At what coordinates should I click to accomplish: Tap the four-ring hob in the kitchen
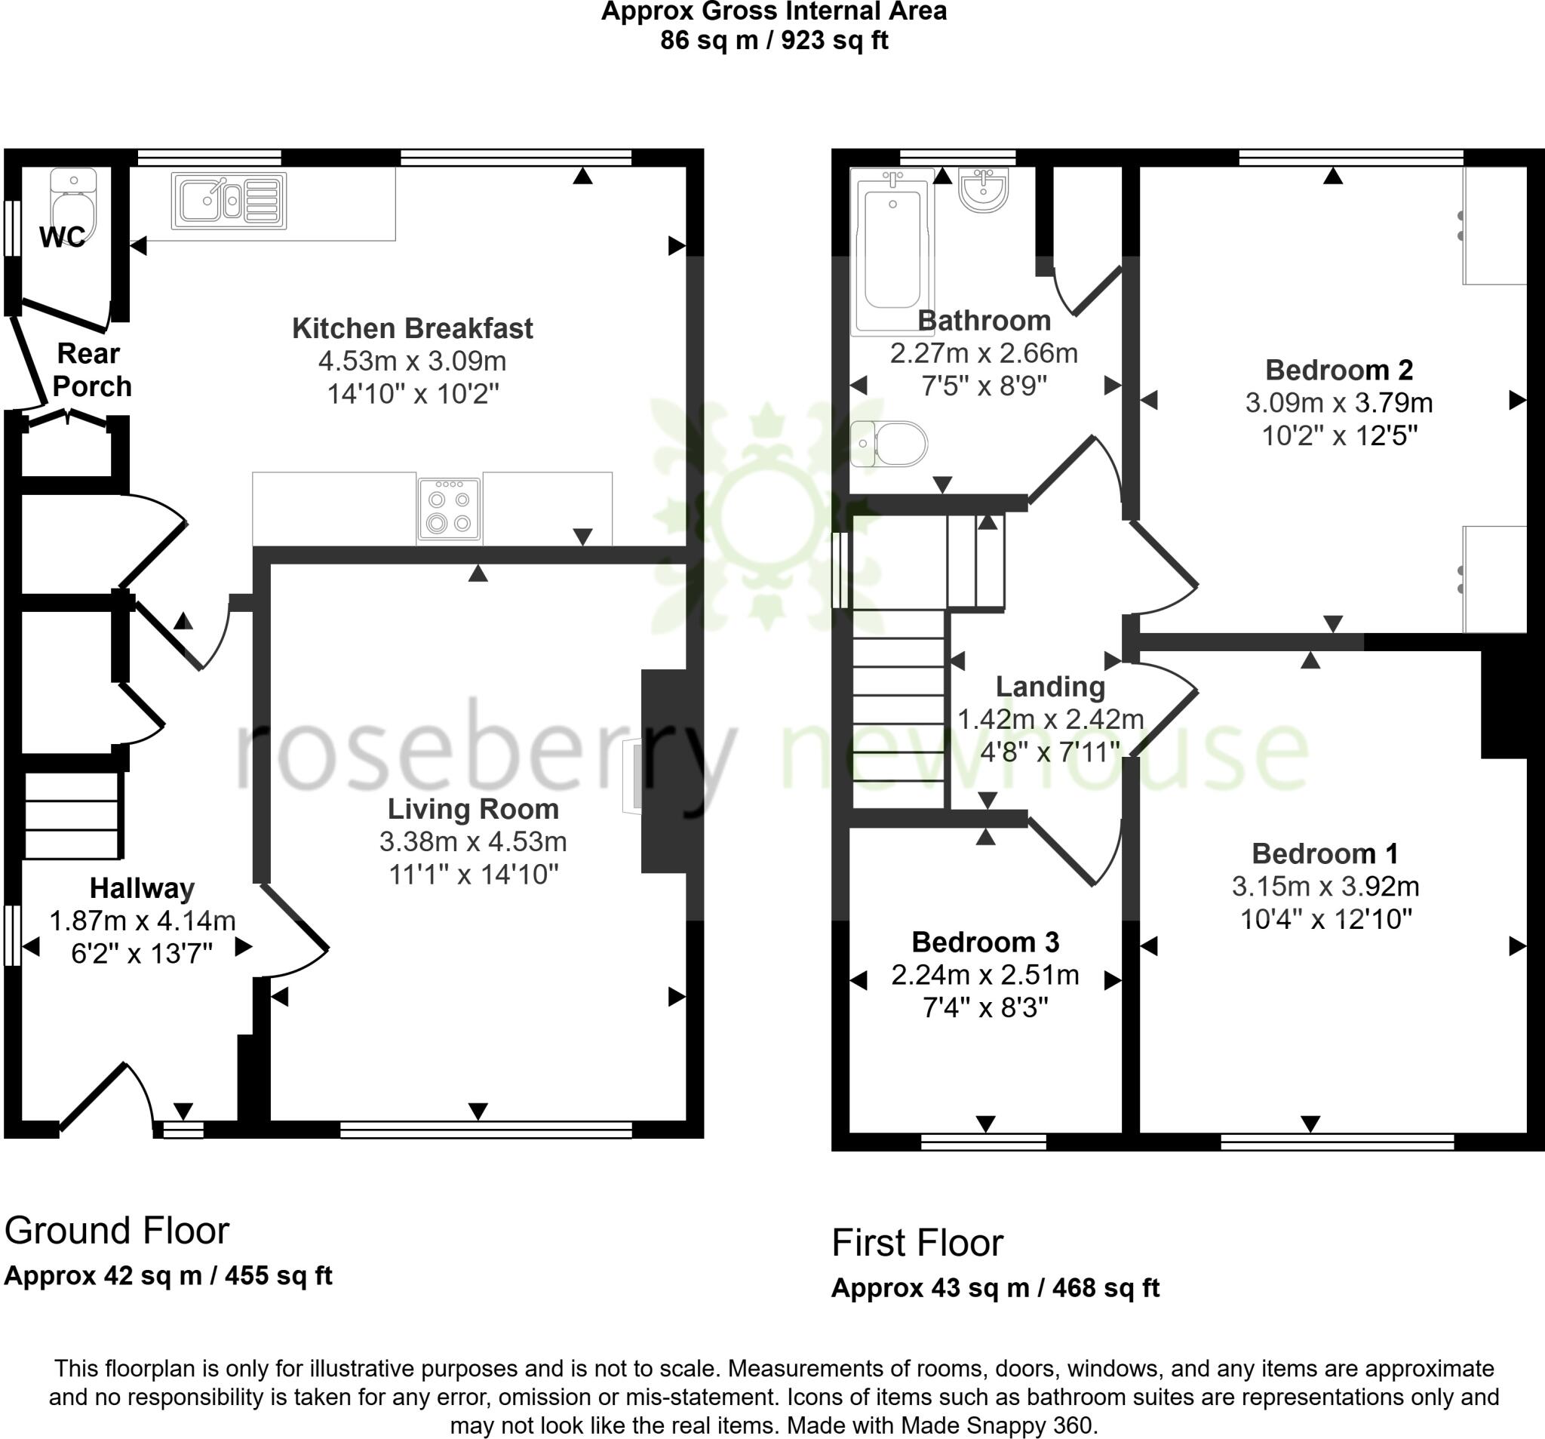[x=449, y=509]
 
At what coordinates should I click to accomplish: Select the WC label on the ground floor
[x=62, y=237]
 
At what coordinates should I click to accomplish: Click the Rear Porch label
[x=91, y=370]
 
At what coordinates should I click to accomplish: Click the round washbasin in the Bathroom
[x=983, y=189]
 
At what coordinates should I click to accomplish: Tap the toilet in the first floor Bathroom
[x=890, y=444]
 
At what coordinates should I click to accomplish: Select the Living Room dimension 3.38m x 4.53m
[x=472, y=841]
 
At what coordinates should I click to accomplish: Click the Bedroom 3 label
[x=984, y=942]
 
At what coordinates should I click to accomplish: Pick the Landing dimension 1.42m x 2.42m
[x=1050, y=719]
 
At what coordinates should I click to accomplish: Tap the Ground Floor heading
[x=117, y=1231]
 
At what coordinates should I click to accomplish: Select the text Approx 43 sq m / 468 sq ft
[x=995, y=1288]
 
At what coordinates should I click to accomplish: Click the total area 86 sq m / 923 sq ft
[x=773, y=40]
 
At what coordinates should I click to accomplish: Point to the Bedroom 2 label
[x=1338, y=369]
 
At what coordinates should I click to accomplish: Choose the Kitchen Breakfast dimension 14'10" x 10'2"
[x=412, y=394]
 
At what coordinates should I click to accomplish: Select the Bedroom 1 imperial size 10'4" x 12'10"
[x=1325, y=919]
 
